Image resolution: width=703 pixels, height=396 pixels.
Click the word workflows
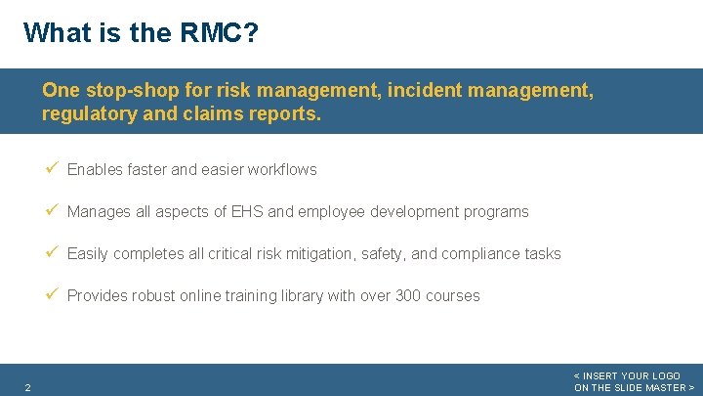click(282, 169)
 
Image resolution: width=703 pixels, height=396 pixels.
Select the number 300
click(408, 295)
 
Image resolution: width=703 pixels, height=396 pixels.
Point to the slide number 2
click(27, 388)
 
